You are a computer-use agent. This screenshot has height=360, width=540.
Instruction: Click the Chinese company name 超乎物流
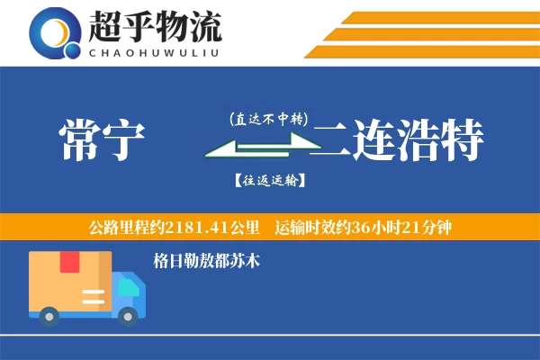tap(155, 28)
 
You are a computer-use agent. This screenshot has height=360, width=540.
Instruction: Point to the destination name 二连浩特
tap(398, 142)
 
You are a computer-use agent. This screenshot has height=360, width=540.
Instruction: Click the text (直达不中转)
tap(269, 119)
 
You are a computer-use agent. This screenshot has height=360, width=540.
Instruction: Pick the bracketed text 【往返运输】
tap(268, 181)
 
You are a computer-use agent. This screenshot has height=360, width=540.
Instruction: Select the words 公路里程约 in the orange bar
tap(122, 226)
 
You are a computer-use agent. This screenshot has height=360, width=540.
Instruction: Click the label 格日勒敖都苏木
tap(207, 261)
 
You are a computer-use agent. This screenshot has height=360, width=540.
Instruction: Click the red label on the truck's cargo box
tap(70, 262)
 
